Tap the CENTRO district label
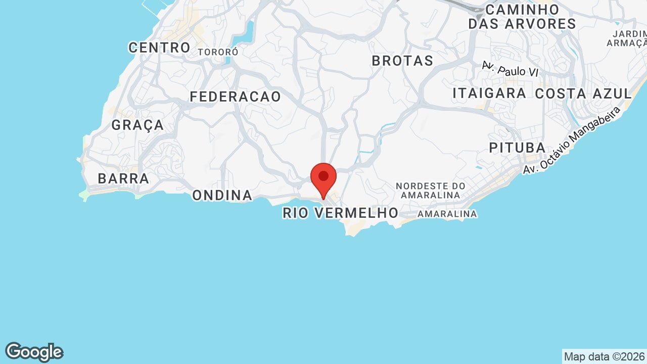tap(159, 48)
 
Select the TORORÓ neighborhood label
tap(218, 52)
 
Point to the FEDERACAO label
tap(236, 97)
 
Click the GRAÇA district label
tap(137, 125)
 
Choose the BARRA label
tap(123, 178)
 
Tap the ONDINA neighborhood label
tap(222, 195)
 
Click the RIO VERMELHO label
tap(341, 213)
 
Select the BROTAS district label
tap(402, 61)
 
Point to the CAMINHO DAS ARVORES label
tap(522, 17)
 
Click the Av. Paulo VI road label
tap(510, 69)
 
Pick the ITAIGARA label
tap(489, 94)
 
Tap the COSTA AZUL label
tap(583, 94)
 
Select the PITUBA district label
tap(517, 148)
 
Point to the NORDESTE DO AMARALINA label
tap(430, 191)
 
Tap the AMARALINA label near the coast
tap(447, 214)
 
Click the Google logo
tap(34, 352)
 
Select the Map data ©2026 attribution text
tap(604, 356)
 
